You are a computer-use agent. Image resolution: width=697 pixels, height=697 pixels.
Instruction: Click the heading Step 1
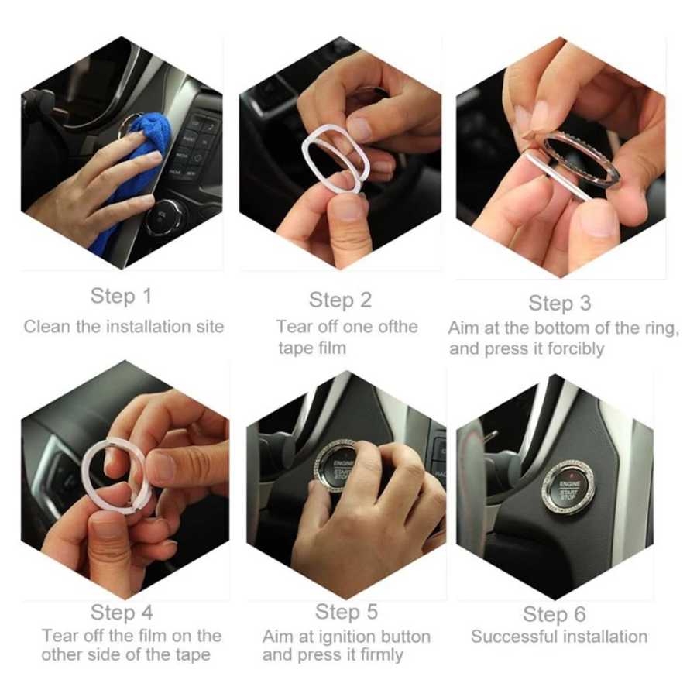(121, 296)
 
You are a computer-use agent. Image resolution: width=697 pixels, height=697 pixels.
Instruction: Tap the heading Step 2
(340, 300)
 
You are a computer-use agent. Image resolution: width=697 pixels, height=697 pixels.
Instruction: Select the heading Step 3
(560, 304)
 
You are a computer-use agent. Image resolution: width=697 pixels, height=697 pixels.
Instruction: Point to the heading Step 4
(122, 613)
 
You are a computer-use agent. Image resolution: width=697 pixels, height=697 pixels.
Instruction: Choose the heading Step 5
(346, 612)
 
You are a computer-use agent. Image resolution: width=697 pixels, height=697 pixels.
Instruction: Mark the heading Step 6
(555, 615)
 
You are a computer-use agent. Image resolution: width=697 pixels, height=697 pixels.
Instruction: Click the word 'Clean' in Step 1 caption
(46, 327)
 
